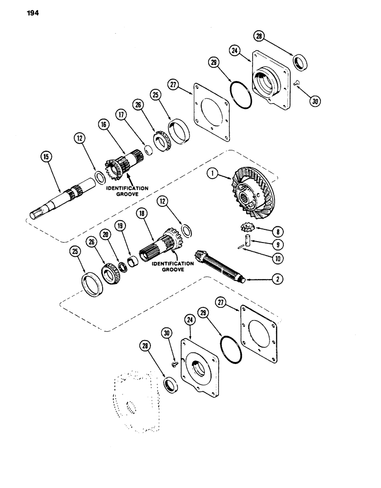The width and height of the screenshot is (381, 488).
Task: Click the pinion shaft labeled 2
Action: coord(220,266)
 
